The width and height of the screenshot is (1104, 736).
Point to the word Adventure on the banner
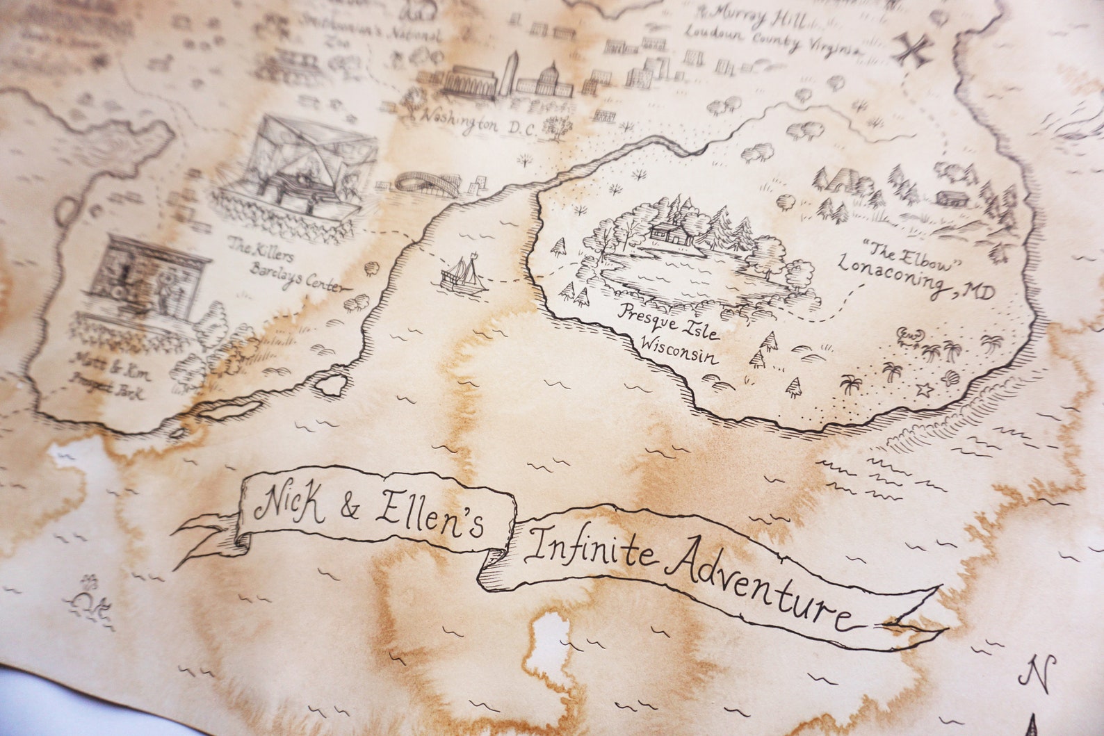758,587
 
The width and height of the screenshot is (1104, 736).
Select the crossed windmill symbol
916,49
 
